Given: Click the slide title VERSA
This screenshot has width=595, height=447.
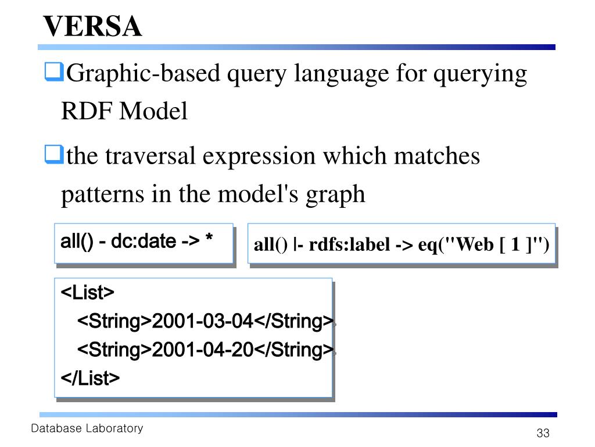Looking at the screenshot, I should (x=92, y=26).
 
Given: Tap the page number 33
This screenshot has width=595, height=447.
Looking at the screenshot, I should (x=543, y=433).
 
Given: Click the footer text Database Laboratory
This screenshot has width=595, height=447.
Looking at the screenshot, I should (x=87, y=429).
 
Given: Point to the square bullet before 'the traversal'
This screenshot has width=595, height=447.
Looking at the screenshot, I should (x=53, y=155).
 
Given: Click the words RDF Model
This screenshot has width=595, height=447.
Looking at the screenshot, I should (x=124, y=111).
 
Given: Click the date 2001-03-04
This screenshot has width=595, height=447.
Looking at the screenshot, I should (x=203, y=321).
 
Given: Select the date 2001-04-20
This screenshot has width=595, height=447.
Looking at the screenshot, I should (x=203, y=350).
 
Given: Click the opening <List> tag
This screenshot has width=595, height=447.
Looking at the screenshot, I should (x=88, y=292).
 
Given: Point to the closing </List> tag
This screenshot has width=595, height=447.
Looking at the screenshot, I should (x=90, y=378).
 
